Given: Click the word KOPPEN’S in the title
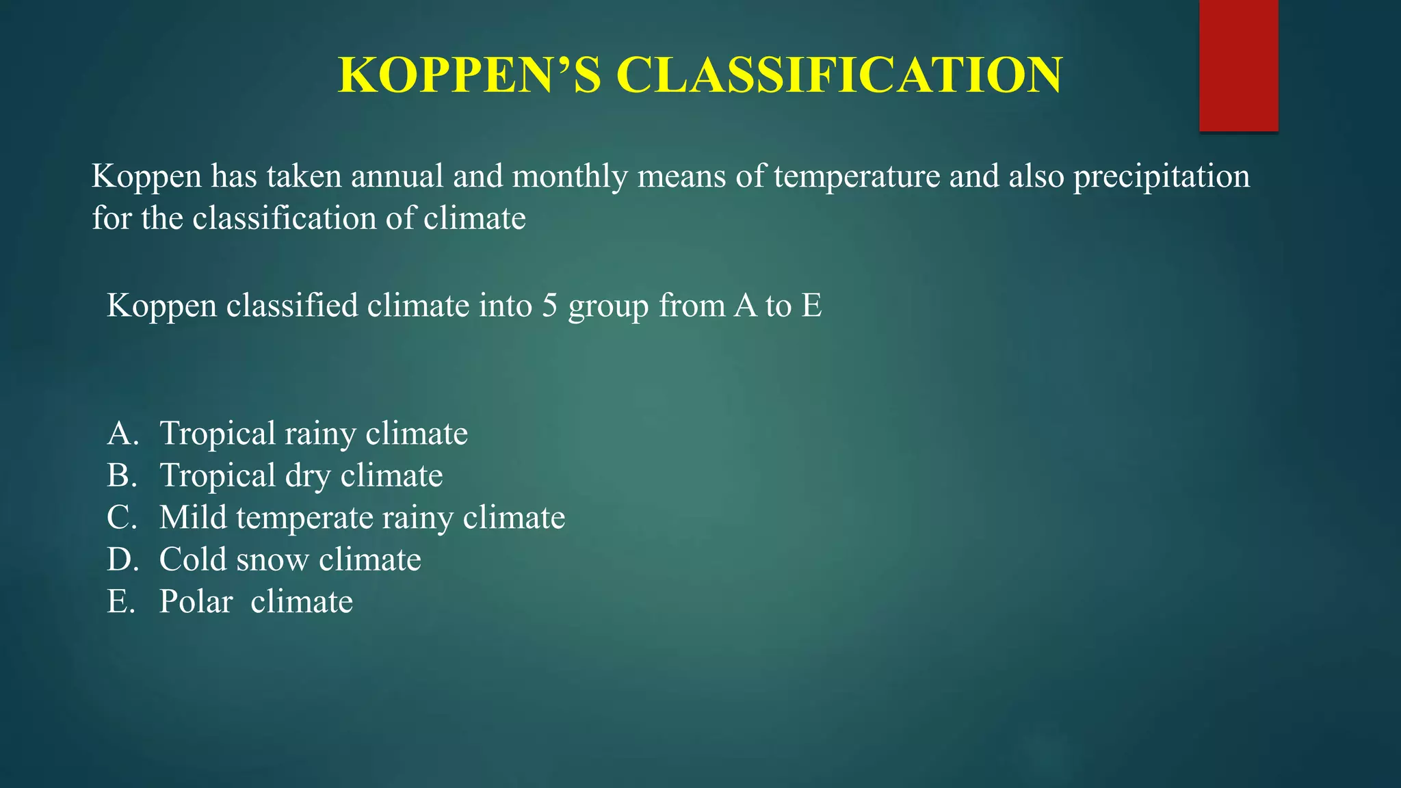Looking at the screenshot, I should click(x=469, y=75).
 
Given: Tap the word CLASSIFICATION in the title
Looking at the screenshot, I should click(x=839, y=75).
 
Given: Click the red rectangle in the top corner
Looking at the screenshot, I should click(x=1238, y=65).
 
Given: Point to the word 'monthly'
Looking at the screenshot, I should click(x=569, y=176).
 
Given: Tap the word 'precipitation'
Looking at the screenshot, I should click(x=1161, y=176).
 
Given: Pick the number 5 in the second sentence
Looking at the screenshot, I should click(x=550, y=305).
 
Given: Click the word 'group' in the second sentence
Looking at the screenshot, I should click(x=608, y=306).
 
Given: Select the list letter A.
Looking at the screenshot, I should click(x=122, y=434).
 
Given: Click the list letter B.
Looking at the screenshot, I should click(x=121, y=475).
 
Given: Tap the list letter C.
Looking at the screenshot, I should click(x=122, y=518).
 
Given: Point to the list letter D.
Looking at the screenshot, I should click(x=122, y=560).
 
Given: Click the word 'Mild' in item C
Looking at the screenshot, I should click(x=193, y=518).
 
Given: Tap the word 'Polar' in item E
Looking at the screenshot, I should click(x=196, y=602).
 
